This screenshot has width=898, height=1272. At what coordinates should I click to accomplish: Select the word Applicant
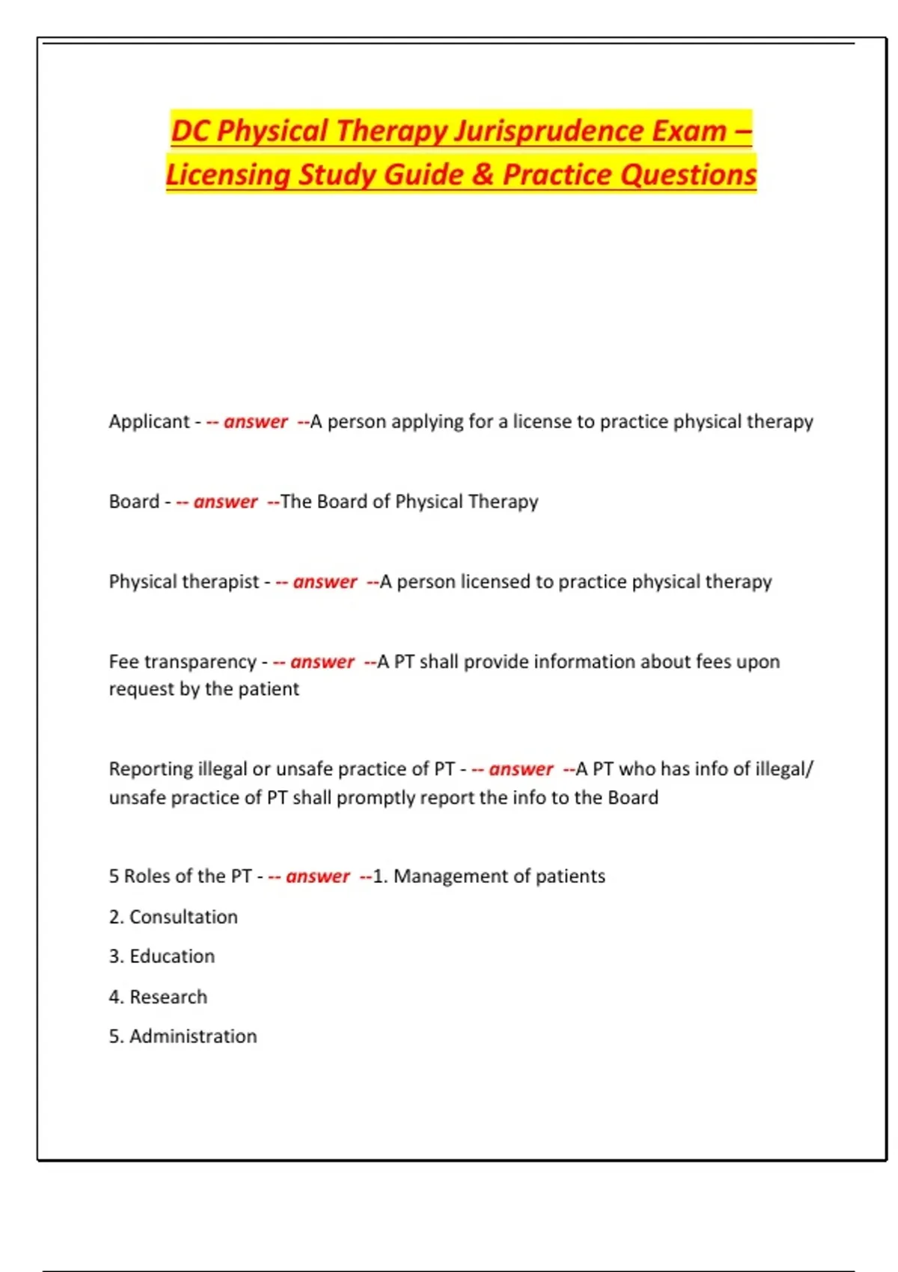click(x=149, y=421)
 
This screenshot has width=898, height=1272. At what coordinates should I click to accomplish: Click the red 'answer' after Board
click(x=225, y=501)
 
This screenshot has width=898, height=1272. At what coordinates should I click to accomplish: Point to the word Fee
click(x=123, y=661)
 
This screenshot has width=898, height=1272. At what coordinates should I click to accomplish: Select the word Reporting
click(x=150, y=768)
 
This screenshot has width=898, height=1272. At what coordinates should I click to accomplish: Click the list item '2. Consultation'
click(x=173, y=917)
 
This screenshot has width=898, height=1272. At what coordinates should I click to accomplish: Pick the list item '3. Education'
click(x=162, y=956)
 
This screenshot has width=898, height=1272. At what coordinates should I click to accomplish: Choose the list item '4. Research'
click(x=158, y=997)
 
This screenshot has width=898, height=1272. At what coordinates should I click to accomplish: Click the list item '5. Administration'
click(x=183, y=1036)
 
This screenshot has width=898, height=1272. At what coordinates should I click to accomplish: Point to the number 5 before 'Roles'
click(x=114, y=876)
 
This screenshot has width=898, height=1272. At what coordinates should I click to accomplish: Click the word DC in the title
click(x=190, y=131)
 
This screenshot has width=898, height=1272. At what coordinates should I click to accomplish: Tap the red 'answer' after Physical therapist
click(x=325, y=581)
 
